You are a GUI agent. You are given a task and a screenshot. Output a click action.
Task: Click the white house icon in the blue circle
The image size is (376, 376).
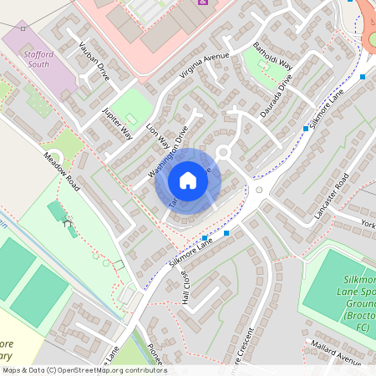click(187, 180)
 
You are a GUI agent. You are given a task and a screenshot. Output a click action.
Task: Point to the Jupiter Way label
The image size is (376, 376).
click(117, 121)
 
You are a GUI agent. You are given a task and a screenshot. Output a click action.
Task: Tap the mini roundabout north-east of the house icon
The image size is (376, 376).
click(223, 151)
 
